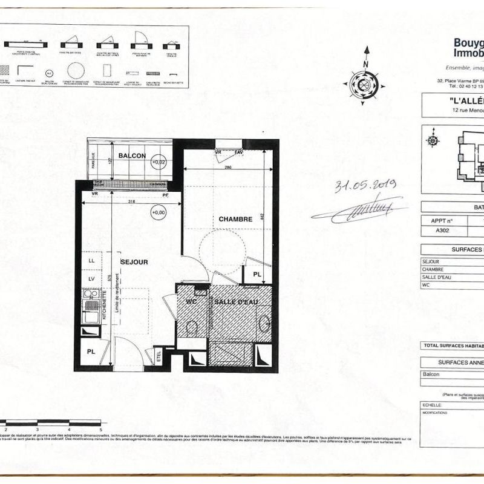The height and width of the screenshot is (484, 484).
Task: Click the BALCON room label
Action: (x=132, y=155)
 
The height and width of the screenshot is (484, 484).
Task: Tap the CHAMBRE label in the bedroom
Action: (x=235, y=219)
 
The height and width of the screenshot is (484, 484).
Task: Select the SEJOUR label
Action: (x=134, y=262)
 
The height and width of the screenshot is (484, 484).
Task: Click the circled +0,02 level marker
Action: (x=159, y=162)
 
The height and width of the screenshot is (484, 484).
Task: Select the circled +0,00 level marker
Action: (x=159, y=212)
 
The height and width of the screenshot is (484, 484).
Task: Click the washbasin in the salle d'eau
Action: (x=264, y=322)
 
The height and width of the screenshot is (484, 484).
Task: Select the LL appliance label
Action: (x=91, y=260)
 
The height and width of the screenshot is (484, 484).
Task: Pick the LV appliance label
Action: (x=91, y=278)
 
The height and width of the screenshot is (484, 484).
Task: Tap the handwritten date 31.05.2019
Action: (x=365, y=186)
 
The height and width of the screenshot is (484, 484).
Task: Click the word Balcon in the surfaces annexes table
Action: (x=431, y=374)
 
